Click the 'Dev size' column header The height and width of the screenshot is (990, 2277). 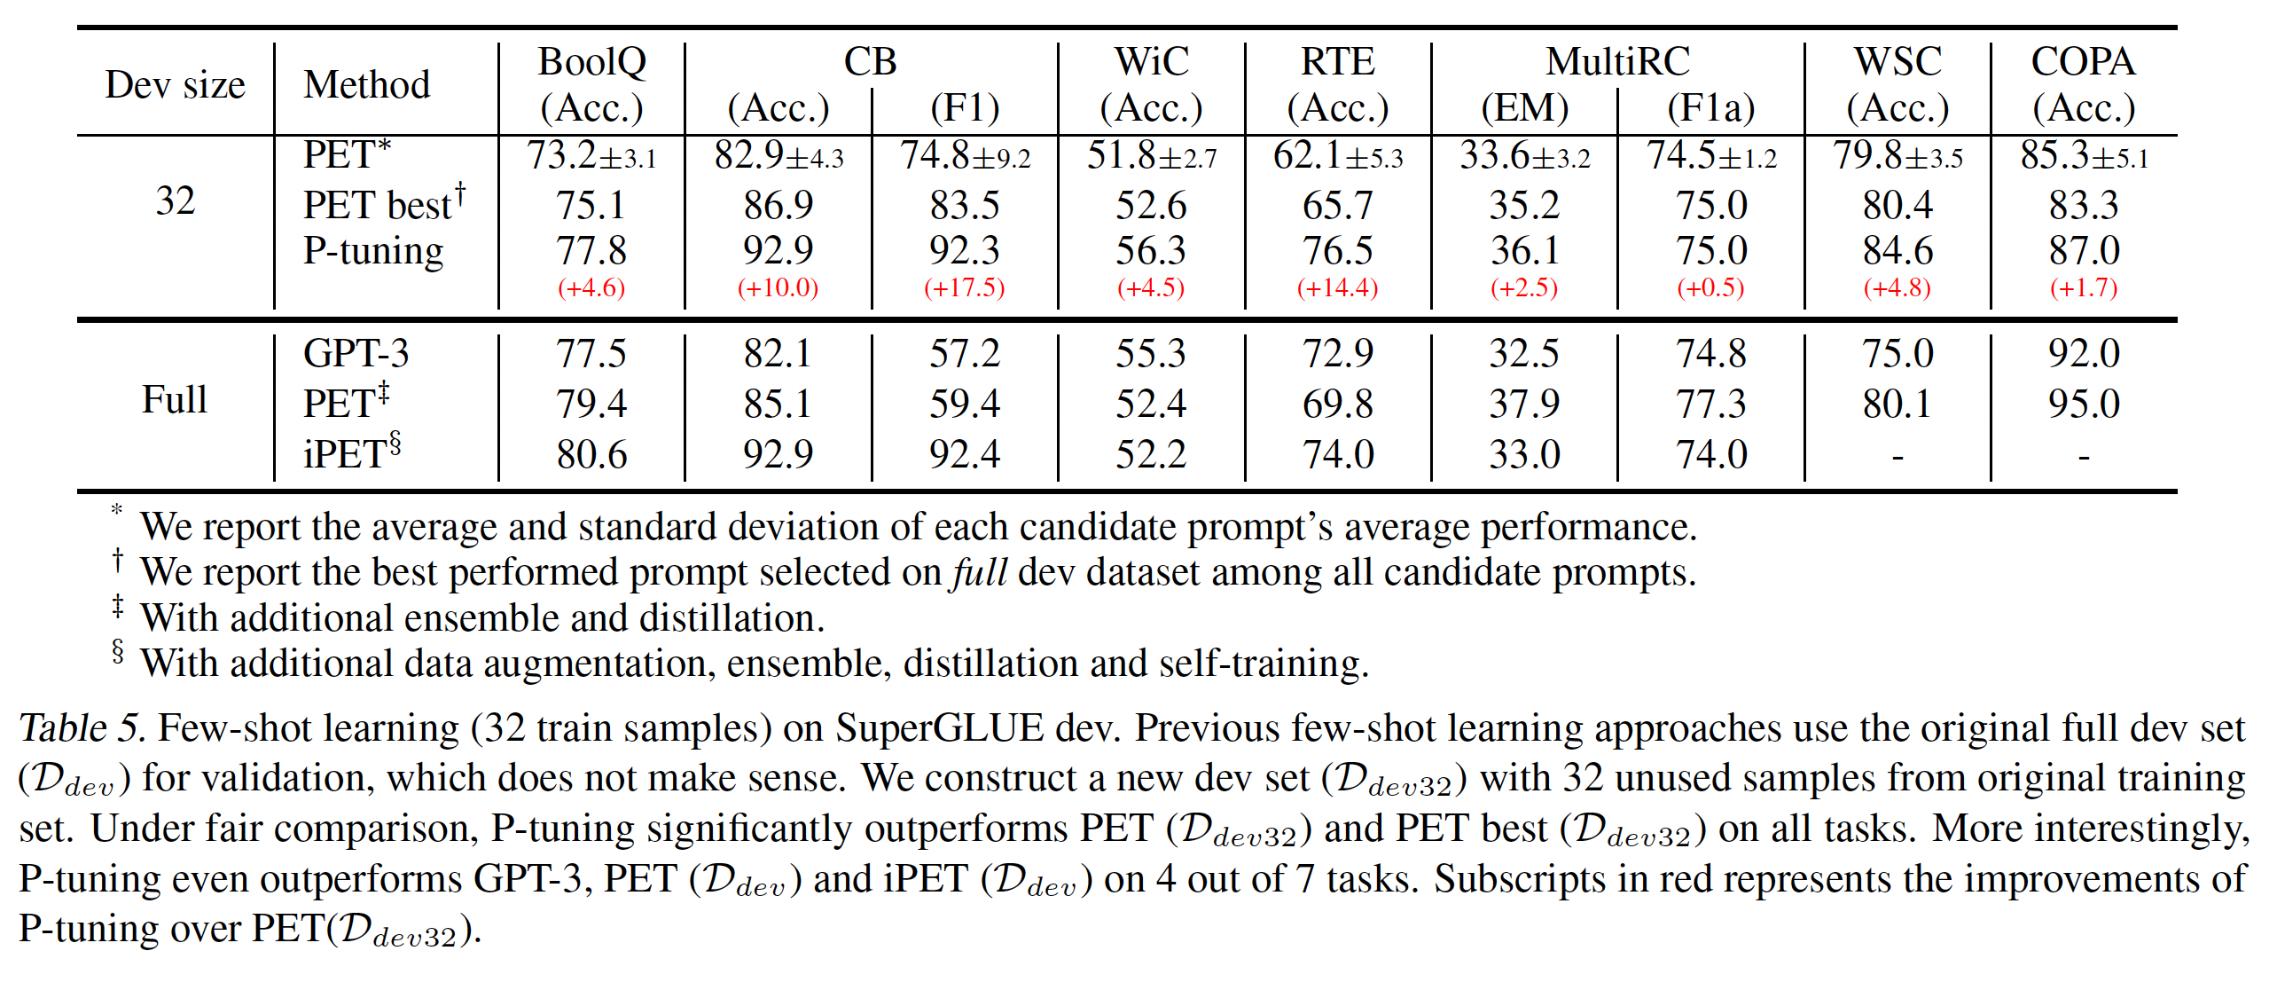tap(175, 85)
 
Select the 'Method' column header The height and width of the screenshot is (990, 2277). tap(366, 85)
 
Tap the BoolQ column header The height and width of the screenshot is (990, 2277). tap(591, 62)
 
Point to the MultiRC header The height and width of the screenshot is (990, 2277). tap(1617, 62)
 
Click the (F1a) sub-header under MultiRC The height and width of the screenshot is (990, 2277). tap(1710, 108)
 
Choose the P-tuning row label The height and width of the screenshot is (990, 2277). tap(373, 251)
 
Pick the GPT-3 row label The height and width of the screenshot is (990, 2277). tap(356, 353)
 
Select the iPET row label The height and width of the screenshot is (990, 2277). tap(351, 453)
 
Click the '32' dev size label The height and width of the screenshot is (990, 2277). tap(175, 201)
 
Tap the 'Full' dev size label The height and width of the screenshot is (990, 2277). tap(175, 400)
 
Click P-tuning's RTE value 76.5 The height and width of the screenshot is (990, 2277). tap(1337, 251)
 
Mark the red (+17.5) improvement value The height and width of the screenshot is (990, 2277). tap(964, 288)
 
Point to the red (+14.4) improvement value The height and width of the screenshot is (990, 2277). tap(1337, 288)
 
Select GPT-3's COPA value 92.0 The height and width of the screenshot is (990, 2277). tap(2084, 353)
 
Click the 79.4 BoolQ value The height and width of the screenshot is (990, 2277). tap(591, 404)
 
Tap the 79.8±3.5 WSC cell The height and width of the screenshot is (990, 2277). tap(1897, 156)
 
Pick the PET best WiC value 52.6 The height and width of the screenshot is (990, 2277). tap(1151, 206)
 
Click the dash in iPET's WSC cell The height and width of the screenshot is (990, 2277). tap(1897, 457)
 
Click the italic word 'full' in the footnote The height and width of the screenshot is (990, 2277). tap(979, 572)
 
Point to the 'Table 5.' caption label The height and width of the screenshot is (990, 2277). tap(82, 728)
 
